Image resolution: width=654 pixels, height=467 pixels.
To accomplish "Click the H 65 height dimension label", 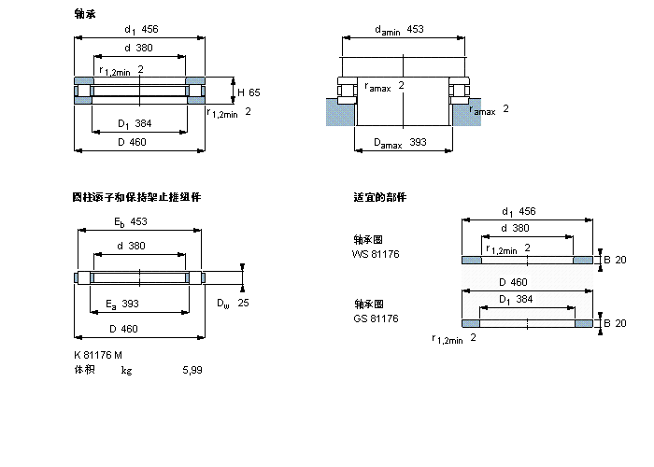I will (249, 92).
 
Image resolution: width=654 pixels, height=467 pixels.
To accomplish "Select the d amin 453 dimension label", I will (399, 30).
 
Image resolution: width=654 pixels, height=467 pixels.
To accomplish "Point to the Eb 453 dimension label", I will (132, 221).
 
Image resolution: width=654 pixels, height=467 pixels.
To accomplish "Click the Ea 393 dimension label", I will (122, 304).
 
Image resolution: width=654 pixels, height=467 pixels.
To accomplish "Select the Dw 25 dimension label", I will (233, 303).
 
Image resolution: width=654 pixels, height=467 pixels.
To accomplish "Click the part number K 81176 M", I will (98, 355).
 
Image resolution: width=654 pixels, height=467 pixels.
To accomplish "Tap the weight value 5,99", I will (192, 370).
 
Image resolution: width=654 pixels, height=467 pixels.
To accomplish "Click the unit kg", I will (126, 370).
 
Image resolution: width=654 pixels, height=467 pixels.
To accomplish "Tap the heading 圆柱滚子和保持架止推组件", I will (136, 197).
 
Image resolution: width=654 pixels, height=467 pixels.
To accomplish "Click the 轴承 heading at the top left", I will (84, 14).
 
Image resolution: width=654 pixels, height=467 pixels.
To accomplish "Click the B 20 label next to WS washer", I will (614, 259).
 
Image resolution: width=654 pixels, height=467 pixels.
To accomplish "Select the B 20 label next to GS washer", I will (614, 323).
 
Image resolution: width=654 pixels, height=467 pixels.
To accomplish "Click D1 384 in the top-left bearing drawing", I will (134, 124).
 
